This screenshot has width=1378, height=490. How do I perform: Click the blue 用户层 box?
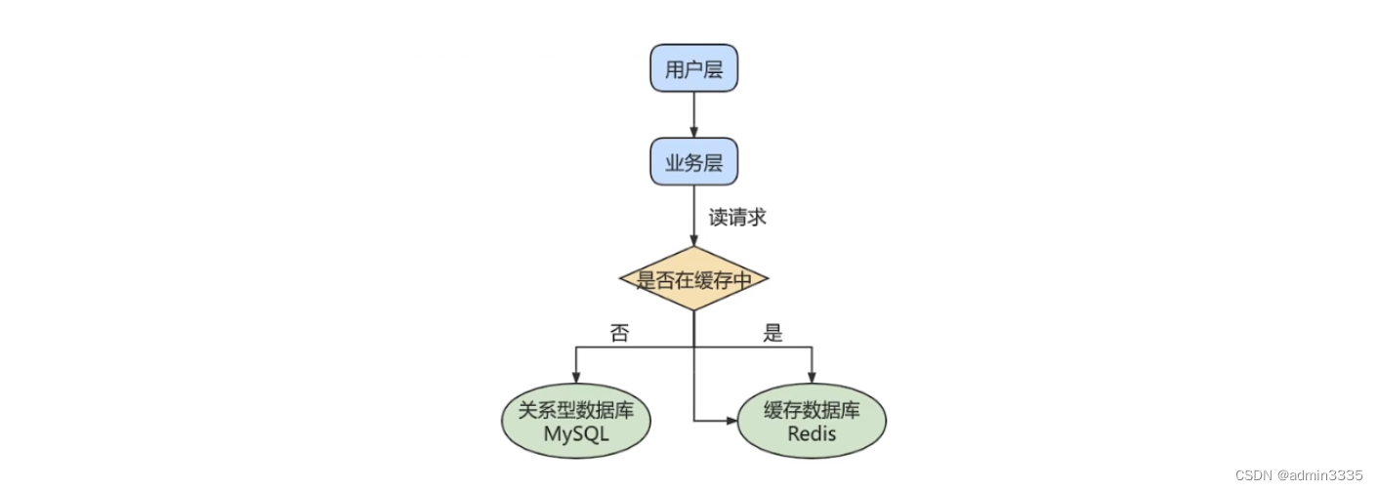coord(693,69)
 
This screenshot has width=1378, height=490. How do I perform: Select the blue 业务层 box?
coord(693,162)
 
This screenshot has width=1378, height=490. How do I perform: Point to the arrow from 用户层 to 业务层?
coord(693,115)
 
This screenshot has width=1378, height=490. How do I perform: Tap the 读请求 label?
coord(737,217)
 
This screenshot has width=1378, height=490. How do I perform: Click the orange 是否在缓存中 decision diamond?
coord(693,280)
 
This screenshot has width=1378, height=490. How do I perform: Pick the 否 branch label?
coord(619,334)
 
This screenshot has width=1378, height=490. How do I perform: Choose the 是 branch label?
coord(773,334)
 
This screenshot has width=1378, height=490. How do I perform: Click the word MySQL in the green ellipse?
coord(576,435)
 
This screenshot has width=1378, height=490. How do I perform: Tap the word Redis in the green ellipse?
coord(812,435)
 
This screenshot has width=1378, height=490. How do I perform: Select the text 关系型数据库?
coord(576,411)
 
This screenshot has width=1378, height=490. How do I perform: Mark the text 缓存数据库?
coord(812,411)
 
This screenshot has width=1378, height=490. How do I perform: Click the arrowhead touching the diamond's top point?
coord(693,242)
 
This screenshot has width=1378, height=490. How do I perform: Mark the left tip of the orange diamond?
coord(621,280)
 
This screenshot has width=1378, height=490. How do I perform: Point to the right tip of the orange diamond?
coord(768,280)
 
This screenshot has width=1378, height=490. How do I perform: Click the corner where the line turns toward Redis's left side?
coord(694,422)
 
